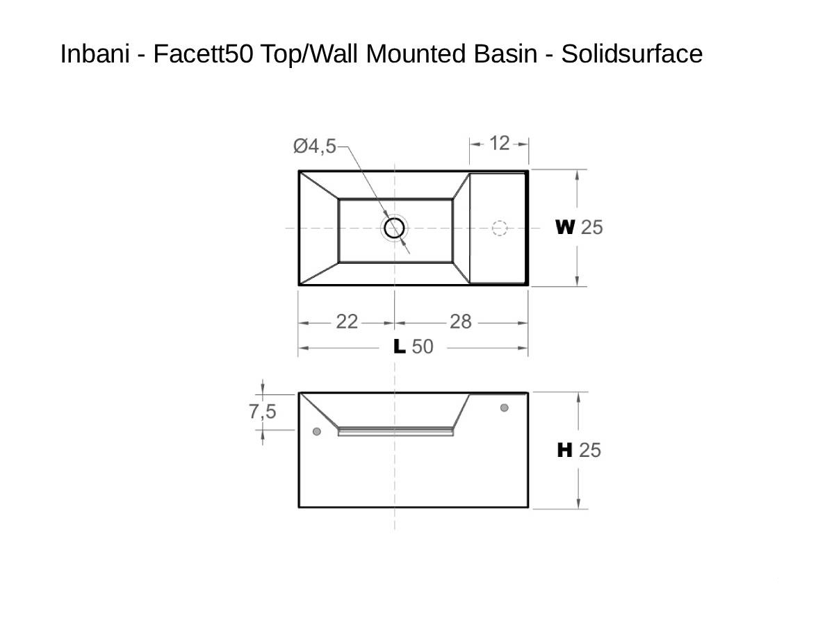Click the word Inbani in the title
(x=95, y=53)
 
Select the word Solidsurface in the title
(x=632, y=53)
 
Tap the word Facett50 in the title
(x=203, y=53)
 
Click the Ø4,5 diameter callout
(x=315, y=146)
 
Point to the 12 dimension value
(x=499, y=144)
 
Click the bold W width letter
(x=565, y=227)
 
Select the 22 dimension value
(x=347, y=322)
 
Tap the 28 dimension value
(x=461, y=322)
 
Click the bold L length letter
(x=400, y=347)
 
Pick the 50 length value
(x=423, y=347)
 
